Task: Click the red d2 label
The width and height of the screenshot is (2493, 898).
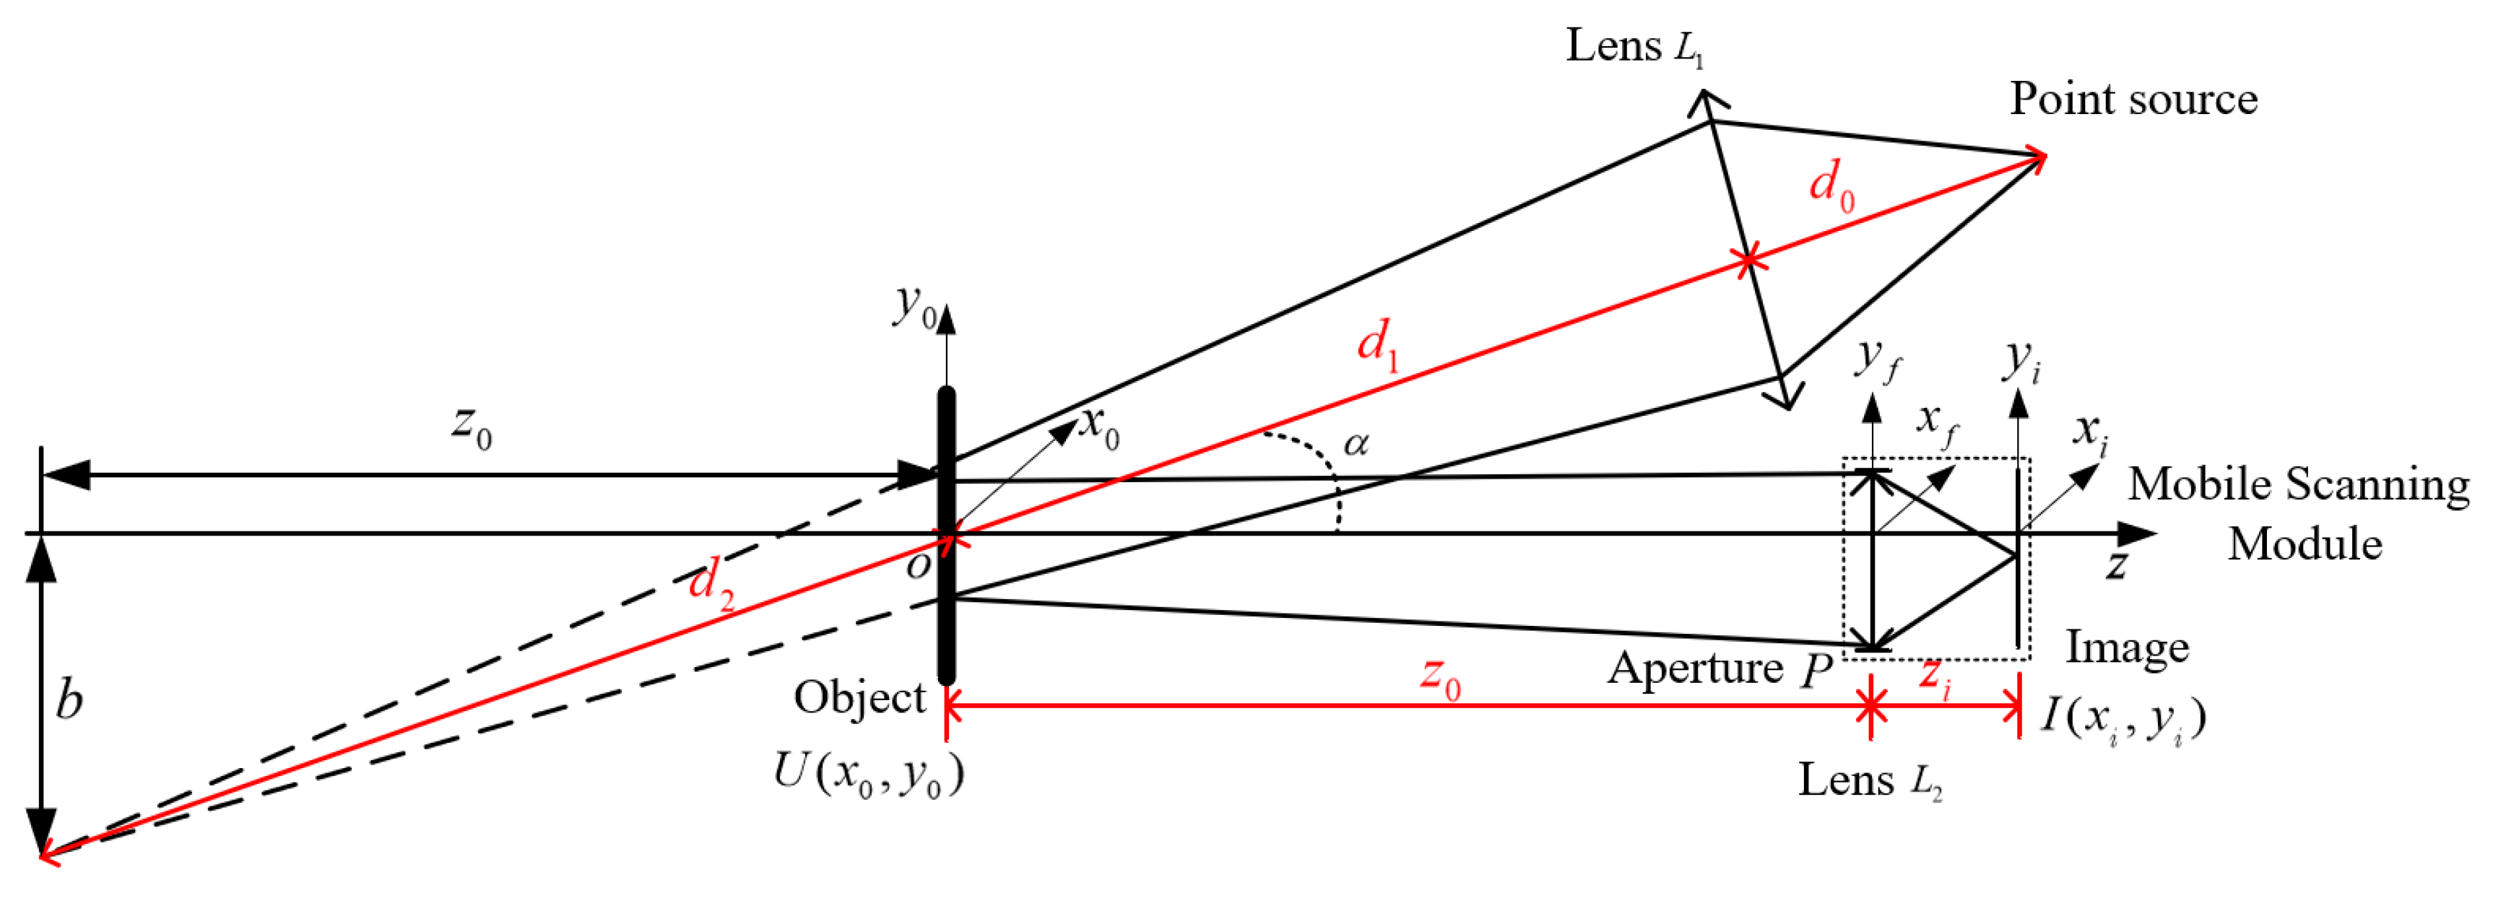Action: pos(711,583)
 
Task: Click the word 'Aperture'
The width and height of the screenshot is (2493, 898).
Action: pos(1694,668)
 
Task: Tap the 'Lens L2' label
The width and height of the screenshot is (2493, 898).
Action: pos(1870,780)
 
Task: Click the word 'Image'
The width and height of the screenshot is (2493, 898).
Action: pos(2127,646)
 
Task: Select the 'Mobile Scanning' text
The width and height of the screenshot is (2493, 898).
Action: pos(2297,484)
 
